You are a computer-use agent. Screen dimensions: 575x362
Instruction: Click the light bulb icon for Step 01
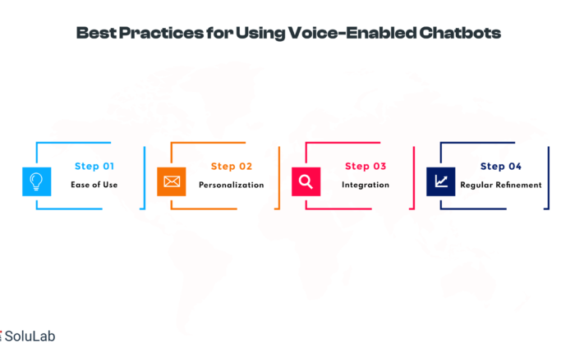(x=37, y=181)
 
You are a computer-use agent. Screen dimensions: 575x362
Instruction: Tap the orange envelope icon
(x=172, y=181)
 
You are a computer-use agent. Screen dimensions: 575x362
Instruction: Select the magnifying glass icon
(x=306, y=181)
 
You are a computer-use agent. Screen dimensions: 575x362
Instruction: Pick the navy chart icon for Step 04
(x=441, y=181)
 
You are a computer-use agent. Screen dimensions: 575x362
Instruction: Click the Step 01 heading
(x=94, y=167)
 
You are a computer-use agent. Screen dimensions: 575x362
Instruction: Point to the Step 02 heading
(x=232, y=167)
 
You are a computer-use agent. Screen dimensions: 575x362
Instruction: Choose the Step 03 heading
(x=366, y=167)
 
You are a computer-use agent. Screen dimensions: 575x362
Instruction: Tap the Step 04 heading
(x=501, y=167)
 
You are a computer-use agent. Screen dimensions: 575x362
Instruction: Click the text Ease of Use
(x=94, y=185)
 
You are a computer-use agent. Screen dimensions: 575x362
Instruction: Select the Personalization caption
(x=232, y=185)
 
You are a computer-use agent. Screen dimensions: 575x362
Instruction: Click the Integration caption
(x=366, y=185)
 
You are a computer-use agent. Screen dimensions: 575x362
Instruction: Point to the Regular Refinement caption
(x=501, y=185)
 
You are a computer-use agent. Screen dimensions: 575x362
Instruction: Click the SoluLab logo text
(x=30, y=336)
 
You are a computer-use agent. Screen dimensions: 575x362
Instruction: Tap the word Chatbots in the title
(x=460, y=33)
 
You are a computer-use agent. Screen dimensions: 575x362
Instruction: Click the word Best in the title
(x=96, y=33)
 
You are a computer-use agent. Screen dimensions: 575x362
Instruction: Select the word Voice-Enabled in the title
(x=352, y=33)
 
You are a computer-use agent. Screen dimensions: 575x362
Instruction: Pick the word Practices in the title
(x=161, y=33)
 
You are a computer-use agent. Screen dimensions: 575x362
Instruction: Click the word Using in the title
(x=260, y=34)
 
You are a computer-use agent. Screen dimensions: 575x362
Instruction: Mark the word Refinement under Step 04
(x=518, y=185)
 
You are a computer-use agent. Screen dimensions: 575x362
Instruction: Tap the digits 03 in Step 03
(x=379, y=167)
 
